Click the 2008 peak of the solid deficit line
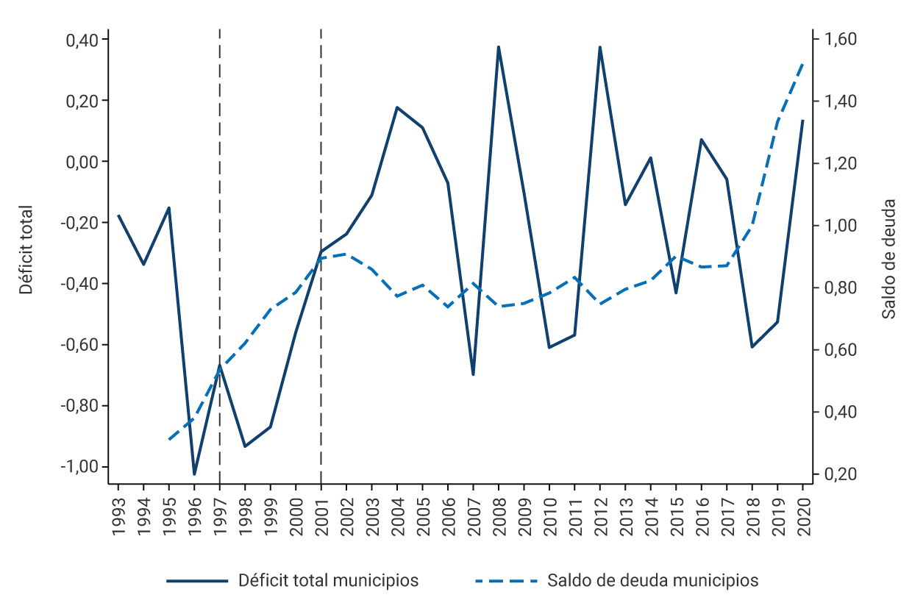coord(499,47)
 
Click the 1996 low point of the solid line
coord(194,474)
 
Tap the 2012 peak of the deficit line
coord(600,47)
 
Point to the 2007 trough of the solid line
coord(473,375)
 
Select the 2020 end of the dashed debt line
coord(802,64)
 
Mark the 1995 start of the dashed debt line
coord(169,440)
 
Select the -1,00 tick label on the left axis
coord(82,467)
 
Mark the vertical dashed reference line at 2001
coord(321,147)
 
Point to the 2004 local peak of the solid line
coord(397,107)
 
